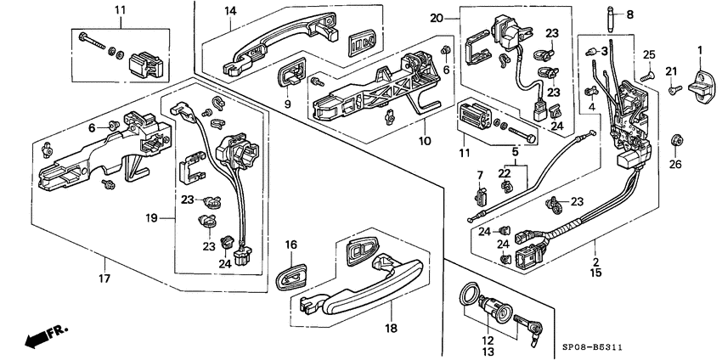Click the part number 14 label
pyautogui.click(x=230, y=11)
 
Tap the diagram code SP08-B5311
pyautogui.click(x=595, y=347)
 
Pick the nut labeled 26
pyautogui.click(x=675, y=141)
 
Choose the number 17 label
pyautogui.click(x=104, y=278)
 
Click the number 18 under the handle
pyautogui.click(x=392, y=328)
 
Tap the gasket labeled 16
pyautogui.click(x=291, y=276)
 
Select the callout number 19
pyautogui.click(x=152, y=217)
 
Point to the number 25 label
pyautogui.click(x=649, y=55)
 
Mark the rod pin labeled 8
pyautogui.click(x=612, y=19)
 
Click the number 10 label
pyautogui.click(x=425, y=141)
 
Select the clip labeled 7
pyautogui.click(x=480, y=194)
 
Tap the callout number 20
pyautogui.click(x=437, y=19)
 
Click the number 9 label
pyautogui.click(x=287, y=104)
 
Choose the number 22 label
pyautogui.click(x=505, y=173)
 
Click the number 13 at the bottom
pyautogui.click(x=488, y=352)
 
